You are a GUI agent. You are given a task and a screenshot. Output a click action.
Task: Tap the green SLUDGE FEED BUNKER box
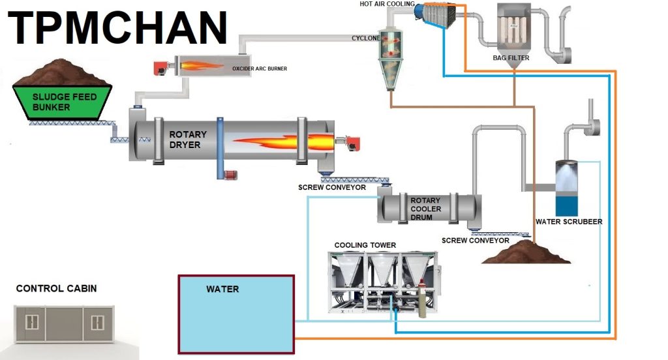[x=65, y=103]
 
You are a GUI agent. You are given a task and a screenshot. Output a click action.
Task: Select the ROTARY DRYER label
[x=188, y=140]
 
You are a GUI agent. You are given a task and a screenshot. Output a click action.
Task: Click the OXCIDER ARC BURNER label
[x=260, y=68]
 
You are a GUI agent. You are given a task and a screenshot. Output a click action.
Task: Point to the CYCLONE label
[x=366, y=38]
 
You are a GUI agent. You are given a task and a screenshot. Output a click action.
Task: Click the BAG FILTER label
[x=511, y=58]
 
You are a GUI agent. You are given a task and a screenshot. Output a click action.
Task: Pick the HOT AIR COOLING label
[x=387, y=4]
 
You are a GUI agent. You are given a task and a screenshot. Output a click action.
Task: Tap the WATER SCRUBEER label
[x=569, y=222]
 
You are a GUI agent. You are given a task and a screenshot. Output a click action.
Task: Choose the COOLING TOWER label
[x=365, y=245]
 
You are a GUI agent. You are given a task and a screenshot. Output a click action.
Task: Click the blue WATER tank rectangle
[x=236, y=314]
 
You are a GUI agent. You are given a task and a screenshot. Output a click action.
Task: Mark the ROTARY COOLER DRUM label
[x=425, y=209]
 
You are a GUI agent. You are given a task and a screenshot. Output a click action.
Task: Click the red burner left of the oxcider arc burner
[x=161, y=67]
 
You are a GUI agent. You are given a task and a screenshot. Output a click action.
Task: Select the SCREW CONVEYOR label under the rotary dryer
[x=332, y=188]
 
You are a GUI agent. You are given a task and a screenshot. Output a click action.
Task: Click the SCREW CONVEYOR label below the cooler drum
[x=475, y=240]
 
